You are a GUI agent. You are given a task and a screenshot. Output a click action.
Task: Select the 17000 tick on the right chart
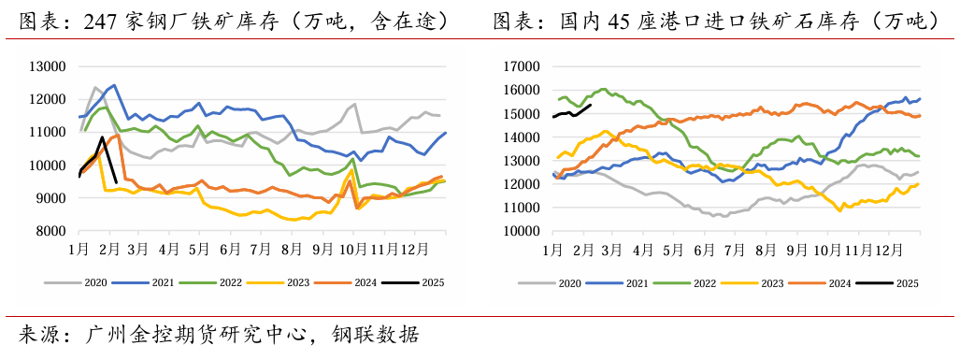[x=521, y=66]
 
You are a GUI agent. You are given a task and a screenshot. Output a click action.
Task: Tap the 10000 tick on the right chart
[x=521, y=231]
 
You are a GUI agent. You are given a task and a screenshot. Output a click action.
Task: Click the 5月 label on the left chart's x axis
[x=198, y=250]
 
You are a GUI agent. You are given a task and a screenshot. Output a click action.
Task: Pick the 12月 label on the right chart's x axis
[x=889, y=250]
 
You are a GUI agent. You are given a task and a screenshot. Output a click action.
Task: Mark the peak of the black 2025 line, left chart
[x=102, y=137]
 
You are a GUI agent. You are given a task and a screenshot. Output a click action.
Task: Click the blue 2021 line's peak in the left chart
[x=114, y=85]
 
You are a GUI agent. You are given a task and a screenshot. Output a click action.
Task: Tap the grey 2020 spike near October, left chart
[x=354, y=104]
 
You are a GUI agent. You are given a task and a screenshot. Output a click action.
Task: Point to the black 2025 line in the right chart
[x=572, y=113]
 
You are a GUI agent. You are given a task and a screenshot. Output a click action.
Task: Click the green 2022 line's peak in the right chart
[x=603, y=89]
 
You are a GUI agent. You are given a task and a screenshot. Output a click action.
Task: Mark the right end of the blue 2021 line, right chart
[x=920, y=98]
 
